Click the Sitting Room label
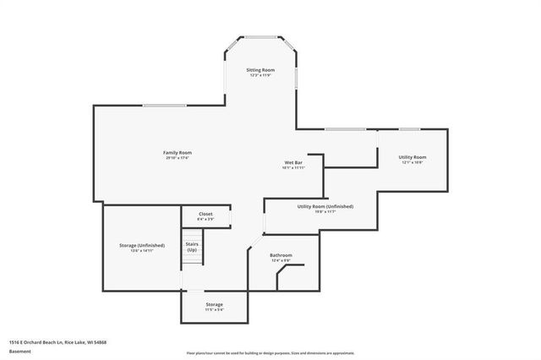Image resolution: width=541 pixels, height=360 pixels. tap(260, 69)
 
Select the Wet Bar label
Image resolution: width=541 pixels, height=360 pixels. tap(293, 161)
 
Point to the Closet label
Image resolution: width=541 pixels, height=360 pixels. tap(205, 214)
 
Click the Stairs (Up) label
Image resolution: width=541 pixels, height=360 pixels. tap(192, 247)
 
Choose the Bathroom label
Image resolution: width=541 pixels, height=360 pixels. tap(281, 255)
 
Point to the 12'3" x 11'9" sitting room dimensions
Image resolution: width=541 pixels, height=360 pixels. tap(260, 75)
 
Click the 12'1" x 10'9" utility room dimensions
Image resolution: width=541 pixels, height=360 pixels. tap(413, 163)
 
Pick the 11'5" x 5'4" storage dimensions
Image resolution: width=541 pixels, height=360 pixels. tap(214, 310)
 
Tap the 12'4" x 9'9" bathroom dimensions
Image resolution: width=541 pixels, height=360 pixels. tap(281, 261)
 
